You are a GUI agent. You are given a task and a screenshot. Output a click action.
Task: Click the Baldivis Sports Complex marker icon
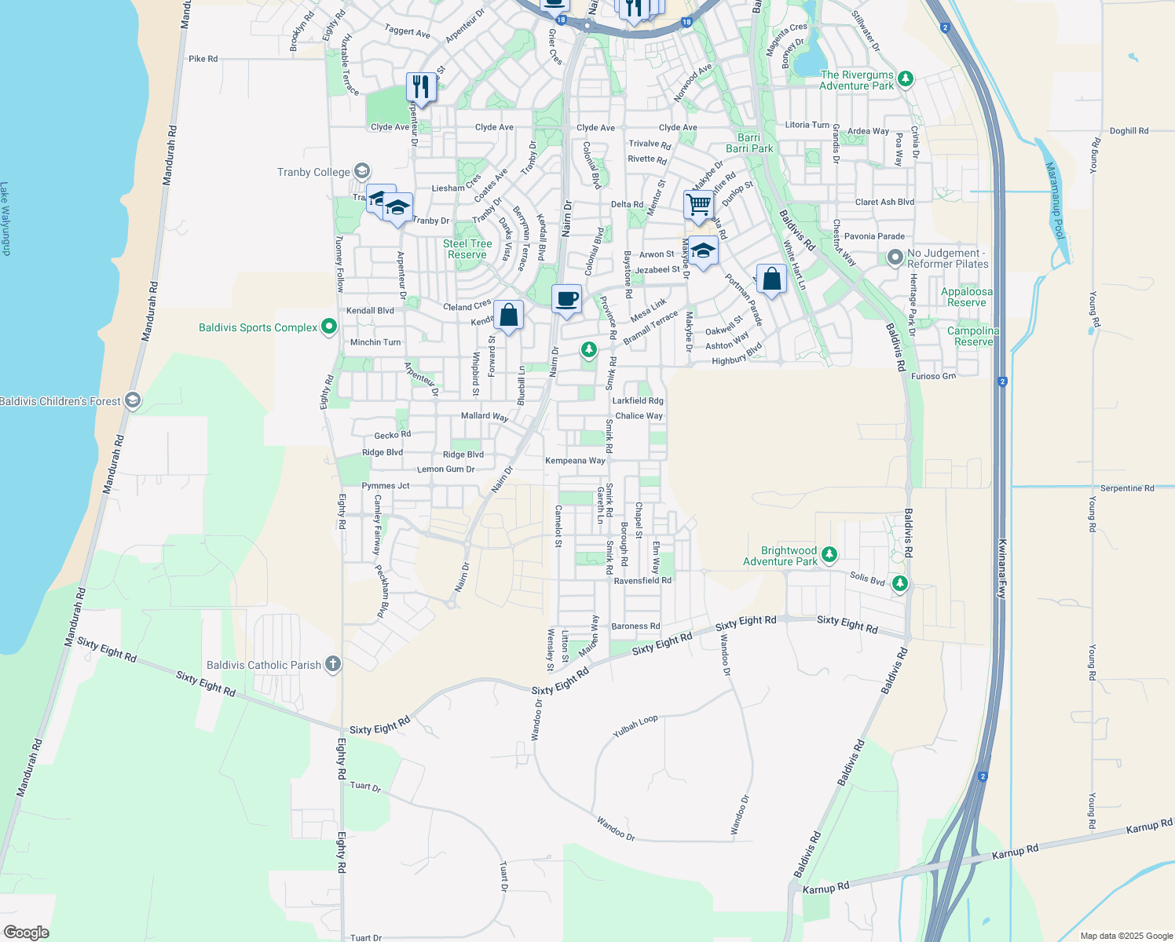click(x=328, y=327)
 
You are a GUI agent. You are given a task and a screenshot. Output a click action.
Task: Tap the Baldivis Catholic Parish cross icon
click(x=332, y=665)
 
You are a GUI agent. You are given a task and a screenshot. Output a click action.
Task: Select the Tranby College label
click(x=313, y=172)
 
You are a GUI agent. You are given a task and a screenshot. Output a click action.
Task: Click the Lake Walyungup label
click(x=5, y=219)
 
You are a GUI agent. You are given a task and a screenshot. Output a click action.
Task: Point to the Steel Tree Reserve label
click(x=467, y=249)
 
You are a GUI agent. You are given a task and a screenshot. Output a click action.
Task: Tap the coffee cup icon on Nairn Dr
click(x=566, y=299)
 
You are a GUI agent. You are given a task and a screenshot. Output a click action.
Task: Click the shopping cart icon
click(x=698, y=204)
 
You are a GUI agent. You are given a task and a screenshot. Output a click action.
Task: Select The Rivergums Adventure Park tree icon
click(x=906, y=78)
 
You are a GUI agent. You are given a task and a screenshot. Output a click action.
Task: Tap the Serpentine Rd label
click(x=1126, y=488)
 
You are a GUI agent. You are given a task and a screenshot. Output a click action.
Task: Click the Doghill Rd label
click(x=1129, y=131)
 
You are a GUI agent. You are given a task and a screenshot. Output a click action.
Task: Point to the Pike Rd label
click(x=203, y=59)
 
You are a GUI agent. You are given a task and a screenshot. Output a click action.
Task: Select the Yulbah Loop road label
click(x=635, y=726)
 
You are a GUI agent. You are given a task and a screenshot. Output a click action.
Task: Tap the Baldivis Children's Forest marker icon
click(x=133, y=401)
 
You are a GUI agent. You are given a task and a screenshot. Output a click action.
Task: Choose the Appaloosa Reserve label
click(x=966, y=297)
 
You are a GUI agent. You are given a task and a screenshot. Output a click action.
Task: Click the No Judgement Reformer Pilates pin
click(x=895, y=257)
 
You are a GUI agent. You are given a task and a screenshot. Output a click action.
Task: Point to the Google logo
click(x=26, y=933)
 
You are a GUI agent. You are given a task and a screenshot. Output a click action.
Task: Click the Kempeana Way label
click(x=575, y=461)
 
